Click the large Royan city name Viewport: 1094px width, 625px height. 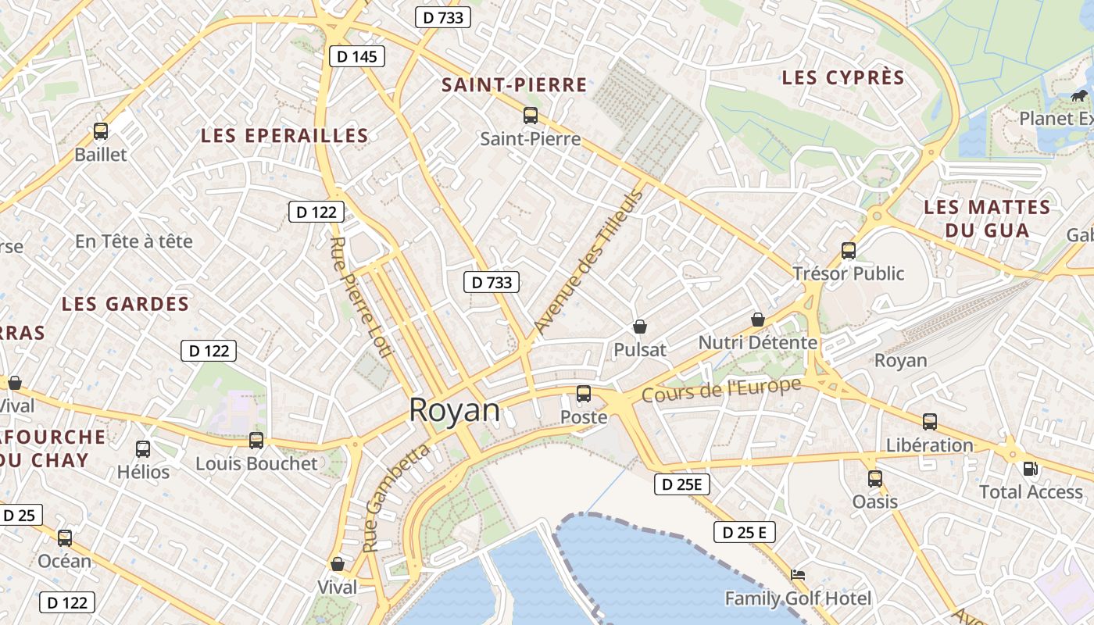454,410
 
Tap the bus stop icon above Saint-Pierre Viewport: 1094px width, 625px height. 531,116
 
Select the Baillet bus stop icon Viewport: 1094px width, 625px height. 101,131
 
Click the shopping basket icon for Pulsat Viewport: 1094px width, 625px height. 640,327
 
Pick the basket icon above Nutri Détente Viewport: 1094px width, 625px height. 757,320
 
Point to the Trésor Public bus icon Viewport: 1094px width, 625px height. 849,251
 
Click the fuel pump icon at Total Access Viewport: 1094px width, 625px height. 1031,469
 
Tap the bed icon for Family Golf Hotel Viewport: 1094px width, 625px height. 797,575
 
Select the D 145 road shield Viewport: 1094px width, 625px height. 357,56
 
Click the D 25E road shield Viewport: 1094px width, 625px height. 682,484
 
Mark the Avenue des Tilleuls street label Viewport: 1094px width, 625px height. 588,262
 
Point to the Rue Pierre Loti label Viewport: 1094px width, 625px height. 360,297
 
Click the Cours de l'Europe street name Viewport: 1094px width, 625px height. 721,390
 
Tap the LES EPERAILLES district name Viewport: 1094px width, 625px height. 284,135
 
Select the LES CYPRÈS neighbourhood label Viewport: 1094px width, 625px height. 843,78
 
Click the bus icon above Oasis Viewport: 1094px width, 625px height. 875,478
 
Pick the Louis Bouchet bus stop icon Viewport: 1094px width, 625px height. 256,441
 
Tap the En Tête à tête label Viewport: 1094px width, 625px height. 134,241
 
